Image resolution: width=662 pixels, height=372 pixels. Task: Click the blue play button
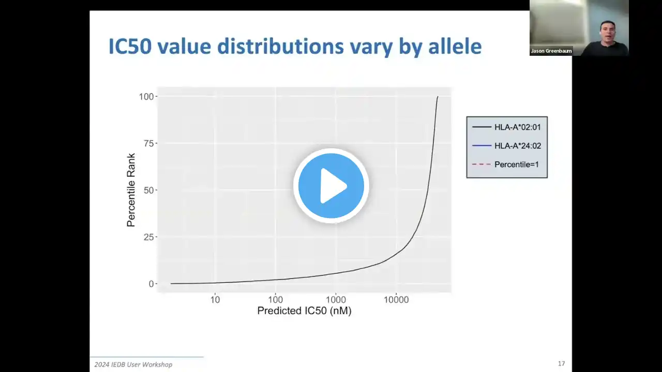point(331,185)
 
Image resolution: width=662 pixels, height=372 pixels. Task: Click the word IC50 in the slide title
point(130,47)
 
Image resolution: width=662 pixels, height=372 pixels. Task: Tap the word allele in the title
point(455,47)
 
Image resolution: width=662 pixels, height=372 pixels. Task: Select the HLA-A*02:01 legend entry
point(506,127)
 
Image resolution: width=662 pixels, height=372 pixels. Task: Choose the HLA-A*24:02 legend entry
point(506,146)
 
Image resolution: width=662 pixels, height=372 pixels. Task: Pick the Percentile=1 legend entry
point(506,164)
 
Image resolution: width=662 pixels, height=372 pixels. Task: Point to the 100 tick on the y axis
point(146,97)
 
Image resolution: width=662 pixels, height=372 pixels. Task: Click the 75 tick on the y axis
point(148,144)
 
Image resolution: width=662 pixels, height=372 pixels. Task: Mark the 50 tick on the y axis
point(148,190)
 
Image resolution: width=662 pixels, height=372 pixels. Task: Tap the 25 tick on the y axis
point(148,237)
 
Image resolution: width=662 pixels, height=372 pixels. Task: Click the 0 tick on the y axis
point(152,284)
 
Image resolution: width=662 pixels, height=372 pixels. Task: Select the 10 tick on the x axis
point(215,300)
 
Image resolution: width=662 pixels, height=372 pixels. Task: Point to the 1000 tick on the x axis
point(336,300)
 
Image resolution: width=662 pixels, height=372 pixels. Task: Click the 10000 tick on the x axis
point(396,300)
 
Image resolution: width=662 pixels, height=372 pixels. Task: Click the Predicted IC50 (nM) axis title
point(305,311)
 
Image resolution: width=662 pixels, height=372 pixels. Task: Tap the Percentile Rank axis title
point(131,190)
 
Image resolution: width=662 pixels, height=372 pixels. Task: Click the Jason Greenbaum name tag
point(551,51)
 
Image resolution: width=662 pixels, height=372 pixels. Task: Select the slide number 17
point(562,364)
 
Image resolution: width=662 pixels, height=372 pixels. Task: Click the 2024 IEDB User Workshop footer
point(133,365)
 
